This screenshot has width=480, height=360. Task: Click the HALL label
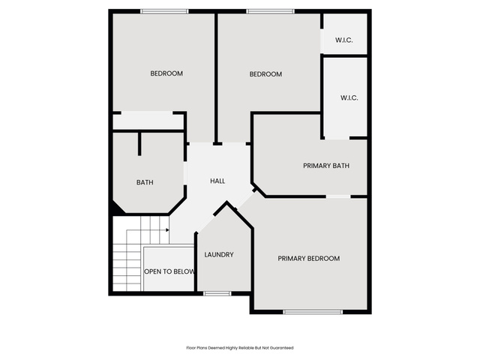point(217,181)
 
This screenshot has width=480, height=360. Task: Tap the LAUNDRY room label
point(219,255)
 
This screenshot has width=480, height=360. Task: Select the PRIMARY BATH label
point(326,166)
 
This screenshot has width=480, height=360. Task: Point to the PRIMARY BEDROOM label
point(308,259)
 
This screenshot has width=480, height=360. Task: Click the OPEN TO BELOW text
point(169,271)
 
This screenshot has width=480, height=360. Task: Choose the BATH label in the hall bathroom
point(145,183)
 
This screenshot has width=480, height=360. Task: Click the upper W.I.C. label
point(344,40)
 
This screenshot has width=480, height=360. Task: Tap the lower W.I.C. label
point(349,98)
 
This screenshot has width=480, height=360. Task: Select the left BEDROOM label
point(166,73)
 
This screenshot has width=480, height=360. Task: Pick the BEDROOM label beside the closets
point(265,74)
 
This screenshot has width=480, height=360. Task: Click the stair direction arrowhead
point(167,230)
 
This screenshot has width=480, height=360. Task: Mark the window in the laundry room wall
point(217,293)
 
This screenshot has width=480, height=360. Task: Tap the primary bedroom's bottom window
point(313,312)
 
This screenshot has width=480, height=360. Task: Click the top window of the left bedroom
point(165,11)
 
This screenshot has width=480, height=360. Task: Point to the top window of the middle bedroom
point(270,11)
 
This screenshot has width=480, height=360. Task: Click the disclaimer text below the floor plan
point(240,348)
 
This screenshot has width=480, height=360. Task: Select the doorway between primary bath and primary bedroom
point(338,196)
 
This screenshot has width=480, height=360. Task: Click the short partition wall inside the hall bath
point(139,144)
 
